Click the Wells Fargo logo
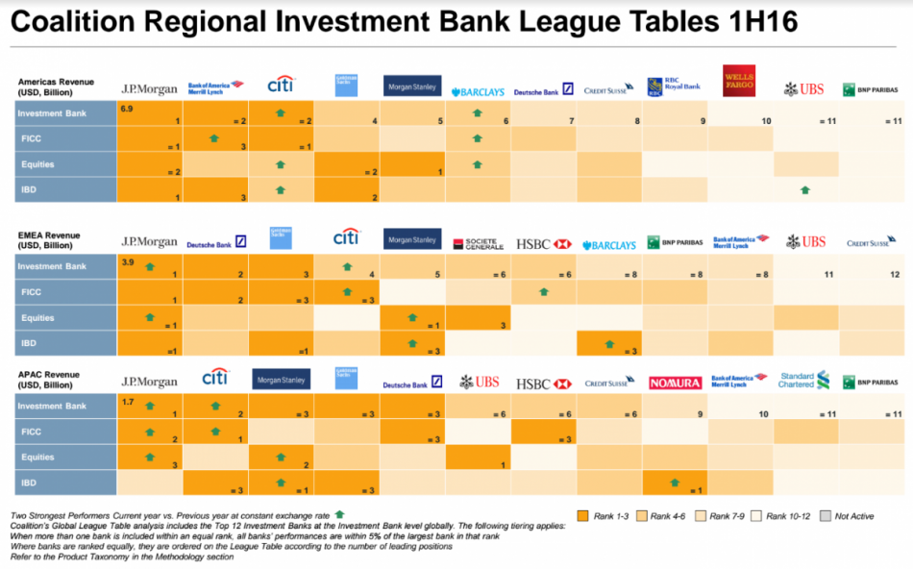pyautogui.click(x=738, y=81)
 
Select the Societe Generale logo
pyautogui.click(x=478, y=244)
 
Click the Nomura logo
pyautogui.click(x=675, y=383)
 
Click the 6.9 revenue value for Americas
pyautogui.click(x=126, y=110)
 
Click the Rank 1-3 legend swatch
pyautogui.click(x=581, y=516)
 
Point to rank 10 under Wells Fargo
pyautogui.click(x=766, y=121)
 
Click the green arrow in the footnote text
pyautogui.click(x=338, y=514)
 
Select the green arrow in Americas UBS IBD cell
pyautogui.click(x=804, y=190)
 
